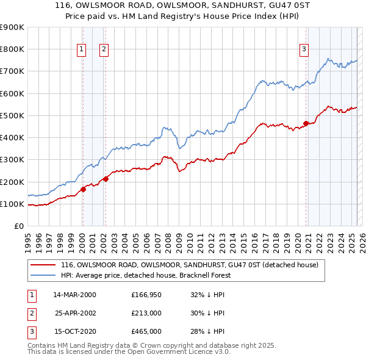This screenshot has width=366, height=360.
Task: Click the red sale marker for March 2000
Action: coord(84,189)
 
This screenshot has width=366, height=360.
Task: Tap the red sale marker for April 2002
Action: coord(106,179)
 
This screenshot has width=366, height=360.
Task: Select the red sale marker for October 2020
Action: coord(306,123)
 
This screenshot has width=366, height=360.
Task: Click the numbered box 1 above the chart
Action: coord(81,50)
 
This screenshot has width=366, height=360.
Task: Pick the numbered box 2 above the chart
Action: coord(104,50)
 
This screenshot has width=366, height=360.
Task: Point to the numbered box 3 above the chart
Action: coord(304,50)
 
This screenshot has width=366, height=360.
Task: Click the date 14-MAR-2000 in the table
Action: coord(74,294)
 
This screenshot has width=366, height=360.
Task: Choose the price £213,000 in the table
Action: coord(145,313)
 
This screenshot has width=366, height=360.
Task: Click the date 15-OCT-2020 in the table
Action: coord(74,332)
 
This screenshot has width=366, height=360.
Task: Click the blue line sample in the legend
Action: coord(43,275)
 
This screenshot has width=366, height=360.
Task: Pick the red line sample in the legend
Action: coord(43,265)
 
